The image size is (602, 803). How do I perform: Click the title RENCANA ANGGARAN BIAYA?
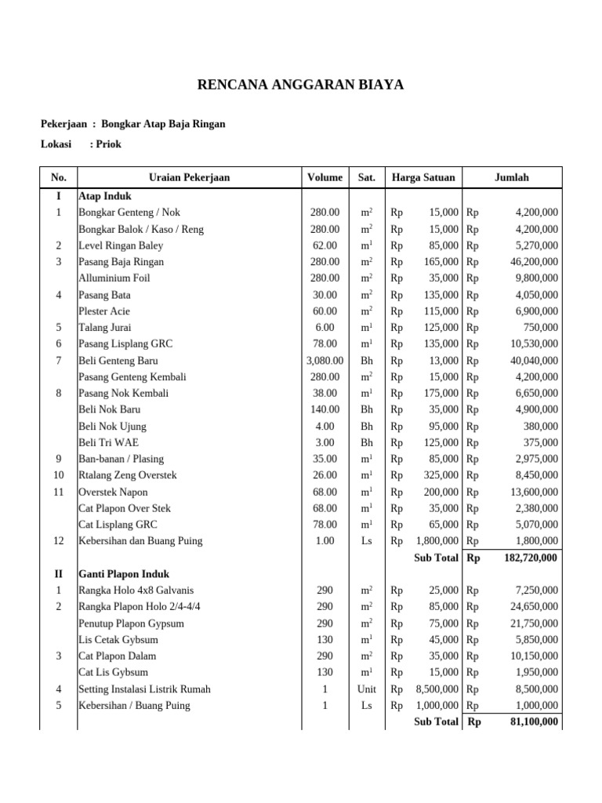(300, 85)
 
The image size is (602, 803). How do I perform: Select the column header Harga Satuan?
(423, 178)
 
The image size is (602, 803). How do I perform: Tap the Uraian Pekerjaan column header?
(189, 178)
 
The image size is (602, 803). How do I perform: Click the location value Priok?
(108, 144)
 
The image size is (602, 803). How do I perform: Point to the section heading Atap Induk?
(105, 196)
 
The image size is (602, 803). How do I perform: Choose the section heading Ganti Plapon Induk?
(124, 574)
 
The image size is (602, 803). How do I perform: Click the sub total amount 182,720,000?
(524, 558)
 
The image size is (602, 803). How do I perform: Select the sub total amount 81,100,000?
(530, 721)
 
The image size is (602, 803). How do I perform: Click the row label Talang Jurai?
(105, 328)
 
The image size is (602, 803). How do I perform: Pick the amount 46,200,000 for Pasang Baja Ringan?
(530, 262)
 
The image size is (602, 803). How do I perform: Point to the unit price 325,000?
(439, 475)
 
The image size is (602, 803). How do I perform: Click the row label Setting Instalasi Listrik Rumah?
(144, 689)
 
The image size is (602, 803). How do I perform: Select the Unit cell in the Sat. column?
(366, 689)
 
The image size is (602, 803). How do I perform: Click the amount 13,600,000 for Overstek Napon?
(530, 492)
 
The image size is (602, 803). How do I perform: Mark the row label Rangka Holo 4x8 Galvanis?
(136, 590)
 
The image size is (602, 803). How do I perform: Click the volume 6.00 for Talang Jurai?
(325, 328)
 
